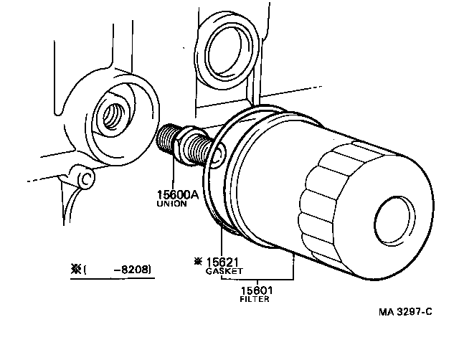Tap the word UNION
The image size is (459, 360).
coord(172,204)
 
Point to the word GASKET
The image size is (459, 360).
coord(224,272)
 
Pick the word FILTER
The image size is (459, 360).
coord(255,300)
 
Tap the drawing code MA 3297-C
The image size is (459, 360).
coord(407,313)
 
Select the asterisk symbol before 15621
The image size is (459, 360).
coord(198,262)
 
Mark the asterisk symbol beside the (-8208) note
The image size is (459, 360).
coord(75,270)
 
